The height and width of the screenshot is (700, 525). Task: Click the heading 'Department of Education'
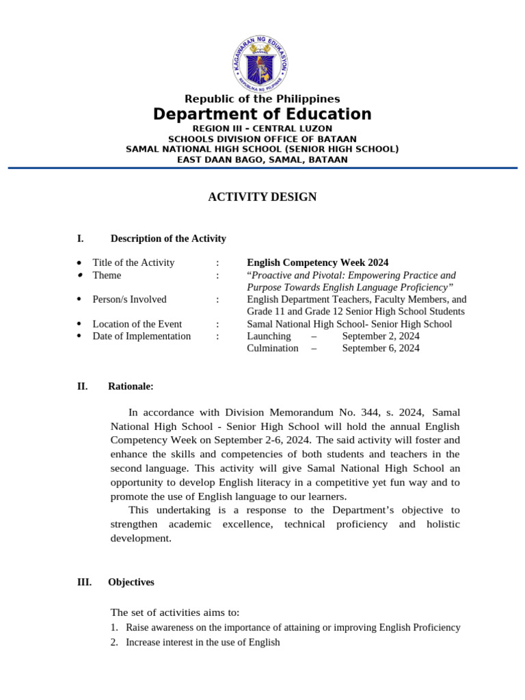click(x=262, y=114)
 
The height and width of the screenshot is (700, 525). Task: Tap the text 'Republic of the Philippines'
click(x=262, y=99)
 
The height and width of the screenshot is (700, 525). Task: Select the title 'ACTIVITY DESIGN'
click(x=262, y=198)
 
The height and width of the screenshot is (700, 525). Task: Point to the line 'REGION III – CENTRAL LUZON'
click(x=262, y=129)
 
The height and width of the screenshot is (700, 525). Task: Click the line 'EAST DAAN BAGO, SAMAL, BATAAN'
click(x=262, y=160)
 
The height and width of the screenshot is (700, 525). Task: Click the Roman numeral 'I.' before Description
click(x=81, y=239)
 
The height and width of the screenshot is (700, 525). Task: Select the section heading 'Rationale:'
click(x=131, y=386)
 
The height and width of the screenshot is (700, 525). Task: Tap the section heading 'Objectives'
click(x=131, y=582)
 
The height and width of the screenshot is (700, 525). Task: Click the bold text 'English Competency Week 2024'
click(x=317, y=262)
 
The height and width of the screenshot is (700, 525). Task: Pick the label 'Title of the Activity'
click(x=133, y=262)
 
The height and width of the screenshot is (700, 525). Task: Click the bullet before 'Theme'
click(x=79, y=275)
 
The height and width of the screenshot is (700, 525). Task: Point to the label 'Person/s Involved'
click(x=129, y=299)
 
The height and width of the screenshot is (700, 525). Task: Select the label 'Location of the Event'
click(x=137, y=324)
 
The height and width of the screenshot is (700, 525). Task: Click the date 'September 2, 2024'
click(x=381, y=336)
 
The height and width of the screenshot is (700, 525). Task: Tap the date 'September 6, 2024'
click(x=381, y=349)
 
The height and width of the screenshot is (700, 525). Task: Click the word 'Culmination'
click(x=272, y=349)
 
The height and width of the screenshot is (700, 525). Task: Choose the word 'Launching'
click(x=269, y=336)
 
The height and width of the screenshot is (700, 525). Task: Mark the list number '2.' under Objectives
click(x=115, y=643)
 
